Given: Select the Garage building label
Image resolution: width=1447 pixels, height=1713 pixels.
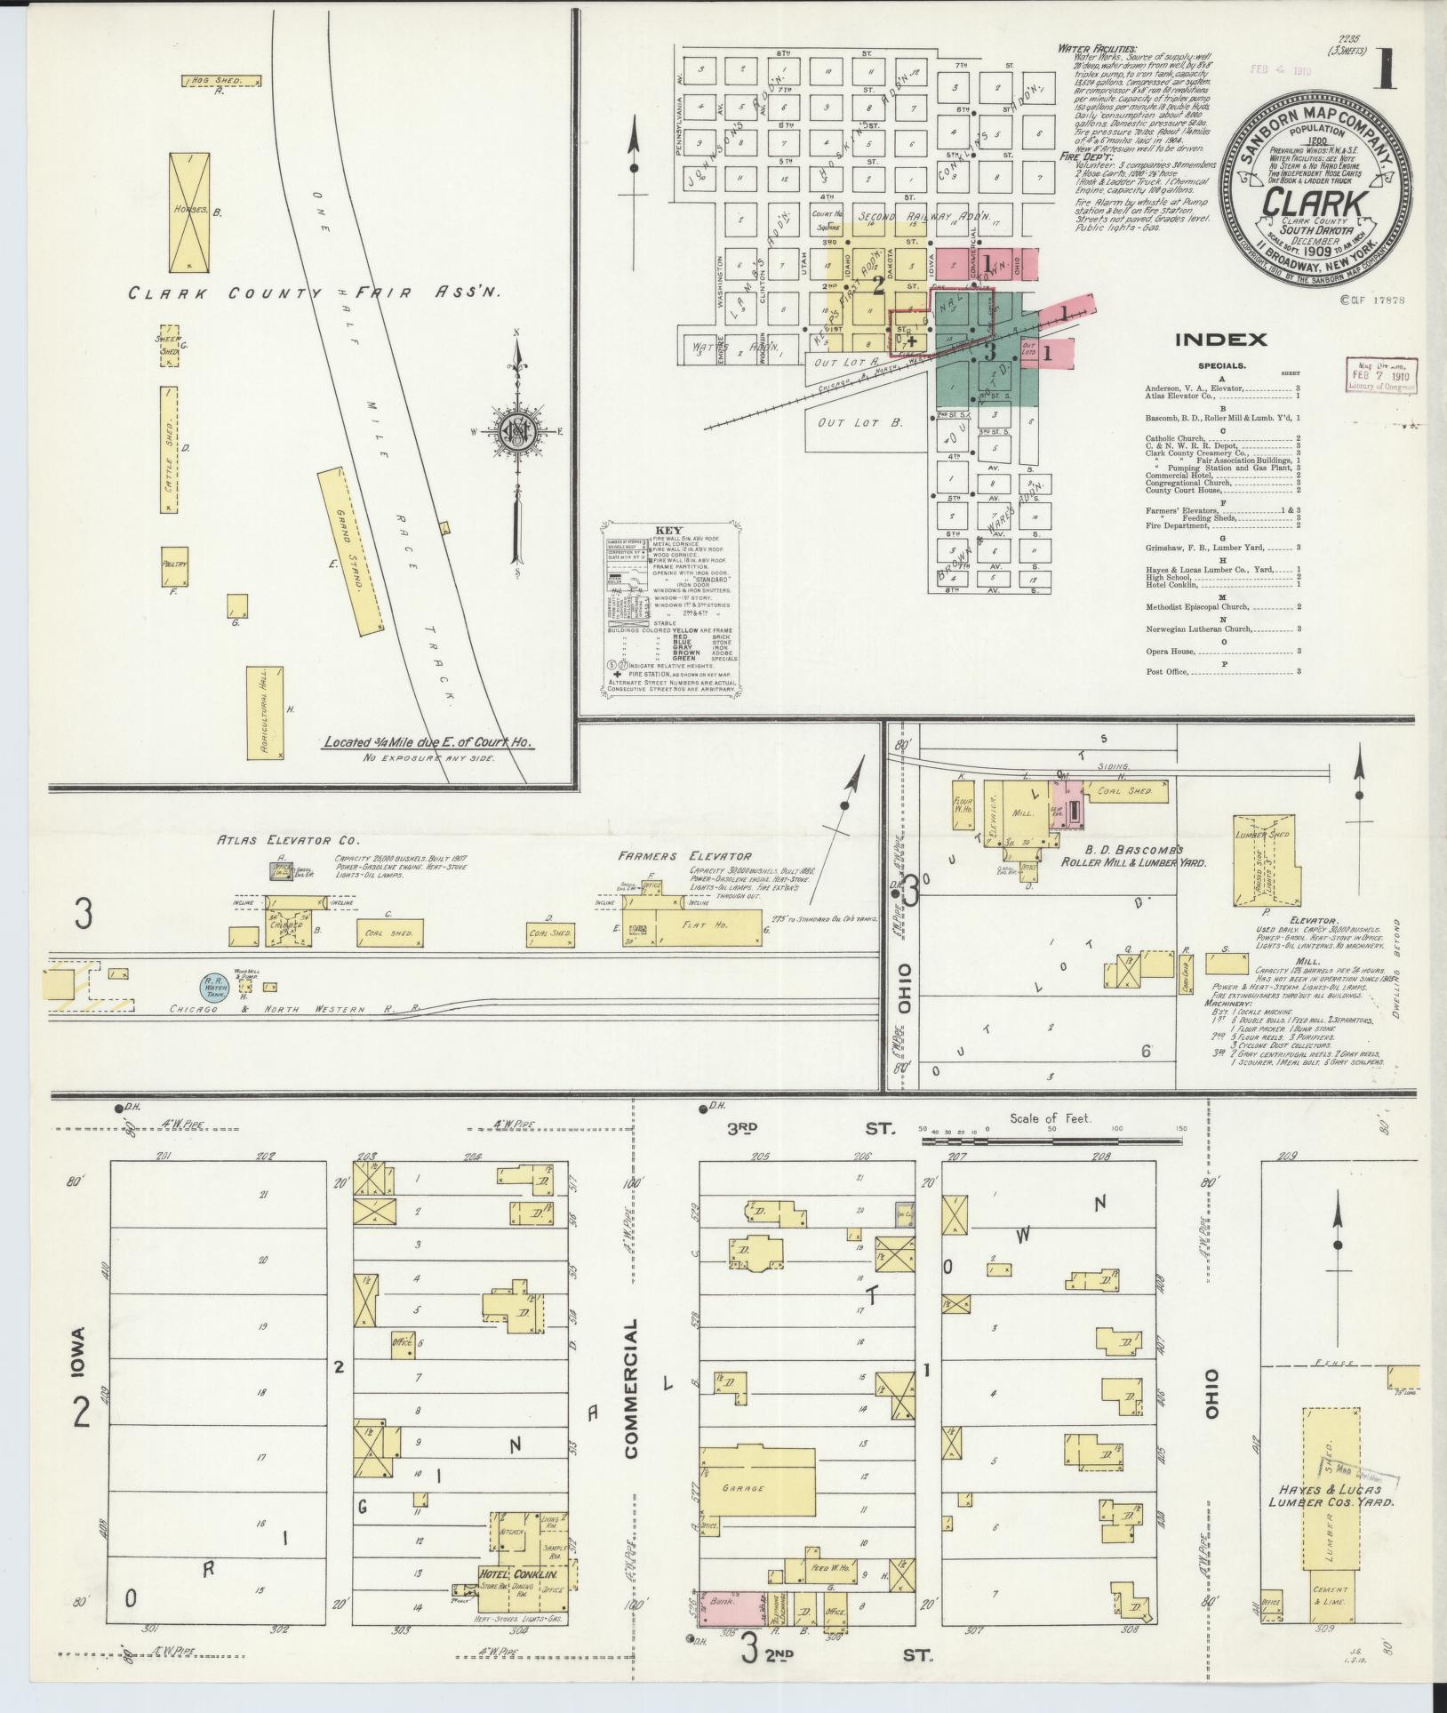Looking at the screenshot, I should (743, 1487).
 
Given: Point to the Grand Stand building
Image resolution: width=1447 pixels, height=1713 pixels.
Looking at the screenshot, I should (351, 552).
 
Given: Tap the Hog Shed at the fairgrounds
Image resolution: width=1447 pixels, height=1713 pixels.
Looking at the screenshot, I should (222, 81).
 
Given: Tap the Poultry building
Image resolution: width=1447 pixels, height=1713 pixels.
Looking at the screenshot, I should (174, 565).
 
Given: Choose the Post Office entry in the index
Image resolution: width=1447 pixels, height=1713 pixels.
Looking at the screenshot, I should (1167, 671).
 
